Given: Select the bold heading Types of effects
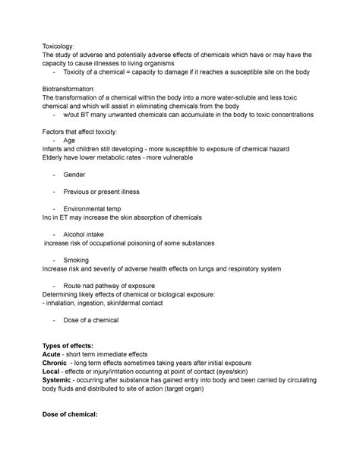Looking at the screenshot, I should [74, 345].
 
